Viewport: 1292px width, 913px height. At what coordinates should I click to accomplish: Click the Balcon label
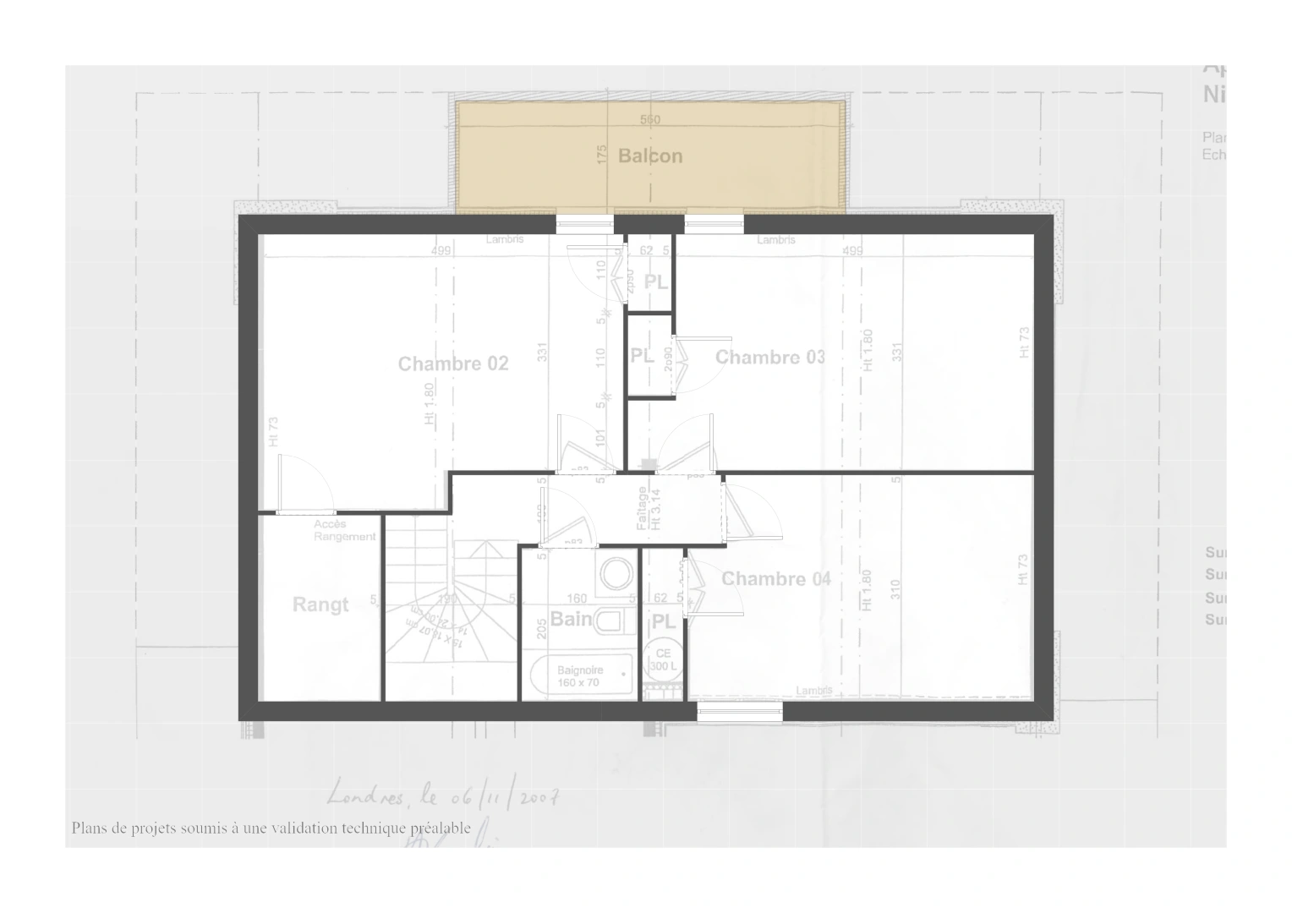tap(649, 156)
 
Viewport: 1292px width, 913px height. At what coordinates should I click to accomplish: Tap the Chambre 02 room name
tap(453, 364)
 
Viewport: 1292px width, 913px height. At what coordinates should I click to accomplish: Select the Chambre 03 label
tap(769, 358)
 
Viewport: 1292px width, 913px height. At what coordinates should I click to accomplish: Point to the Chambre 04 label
tap(775, 579)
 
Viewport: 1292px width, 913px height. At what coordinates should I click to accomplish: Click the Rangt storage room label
tap(320, 605)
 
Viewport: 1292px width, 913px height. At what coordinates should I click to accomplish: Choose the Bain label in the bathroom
tap(571, 620)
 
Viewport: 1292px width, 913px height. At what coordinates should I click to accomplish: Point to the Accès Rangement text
tap(344, 531)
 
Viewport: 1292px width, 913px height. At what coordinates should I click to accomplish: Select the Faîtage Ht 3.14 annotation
tap(649, 508)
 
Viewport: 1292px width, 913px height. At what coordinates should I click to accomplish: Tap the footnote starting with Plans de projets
tap(271, 828)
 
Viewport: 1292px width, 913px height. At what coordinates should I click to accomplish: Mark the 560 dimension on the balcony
tap(649, 120)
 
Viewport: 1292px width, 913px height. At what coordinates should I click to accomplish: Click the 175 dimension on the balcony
tap(602, 155)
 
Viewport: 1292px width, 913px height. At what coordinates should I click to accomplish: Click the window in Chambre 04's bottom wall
tap(740, 713)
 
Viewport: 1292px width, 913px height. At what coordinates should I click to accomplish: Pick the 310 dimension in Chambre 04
tap(895, 589)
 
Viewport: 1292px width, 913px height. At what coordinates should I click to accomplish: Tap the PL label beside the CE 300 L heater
tap(664, 622)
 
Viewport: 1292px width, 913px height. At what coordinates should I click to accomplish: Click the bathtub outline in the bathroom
tap(582, 676)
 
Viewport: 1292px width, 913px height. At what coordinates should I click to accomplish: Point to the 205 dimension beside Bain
tap(542, 627)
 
